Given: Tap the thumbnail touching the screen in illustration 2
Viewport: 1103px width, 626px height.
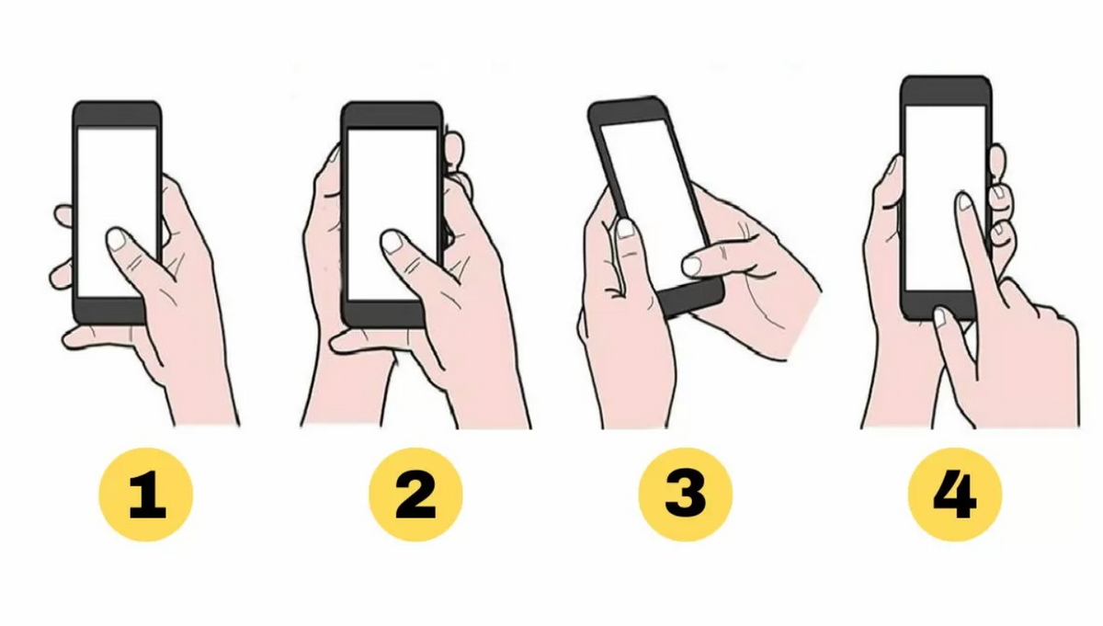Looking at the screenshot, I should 392,241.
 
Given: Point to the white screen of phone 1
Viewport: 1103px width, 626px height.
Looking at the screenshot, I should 117,184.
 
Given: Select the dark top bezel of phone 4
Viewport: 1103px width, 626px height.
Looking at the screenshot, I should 946,90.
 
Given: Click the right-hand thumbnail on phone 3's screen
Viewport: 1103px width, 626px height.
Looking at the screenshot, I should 690,266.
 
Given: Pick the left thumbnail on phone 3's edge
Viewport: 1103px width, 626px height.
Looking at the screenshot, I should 625,227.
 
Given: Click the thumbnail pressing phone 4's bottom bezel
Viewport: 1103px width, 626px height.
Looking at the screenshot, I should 939,317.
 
